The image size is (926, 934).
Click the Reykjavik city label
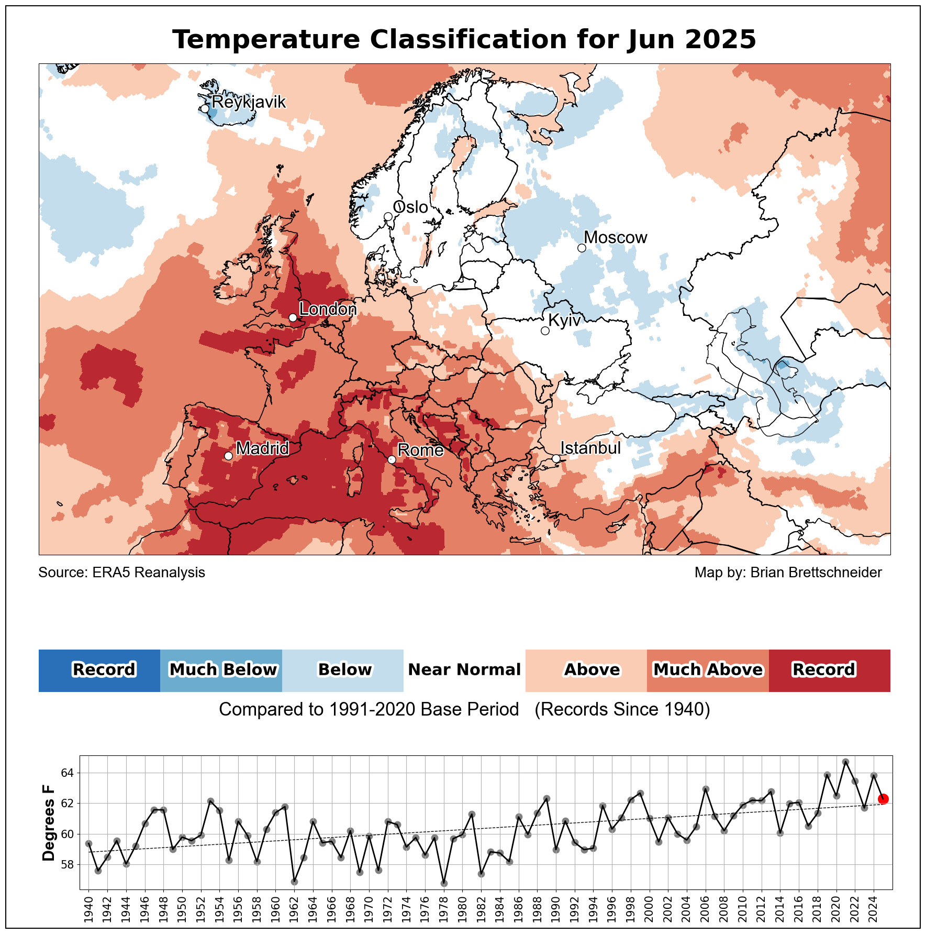click(249, 102)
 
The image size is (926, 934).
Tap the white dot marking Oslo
click(388, 217)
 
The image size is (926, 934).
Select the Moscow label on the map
click(615, 238)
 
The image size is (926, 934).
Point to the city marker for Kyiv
click(545, 331)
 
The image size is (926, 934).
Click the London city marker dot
click(293, 317)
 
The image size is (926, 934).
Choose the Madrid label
click(262, 448)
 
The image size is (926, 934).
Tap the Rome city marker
click(392, 459)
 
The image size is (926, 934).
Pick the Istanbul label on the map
click(590, 448)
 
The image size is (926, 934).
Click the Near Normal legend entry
click(464, 670)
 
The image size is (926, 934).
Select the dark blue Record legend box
click(99, 670)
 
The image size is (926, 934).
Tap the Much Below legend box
click(221, 670)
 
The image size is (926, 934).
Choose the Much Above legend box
click(708, 670)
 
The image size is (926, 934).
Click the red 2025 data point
click(883, 799)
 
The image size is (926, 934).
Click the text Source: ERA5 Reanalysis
click(122, 573)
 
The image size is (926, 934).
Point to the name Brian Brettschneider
click(816, 573)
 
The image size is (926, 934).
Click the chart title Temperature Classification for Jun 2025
click(464, 40)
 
